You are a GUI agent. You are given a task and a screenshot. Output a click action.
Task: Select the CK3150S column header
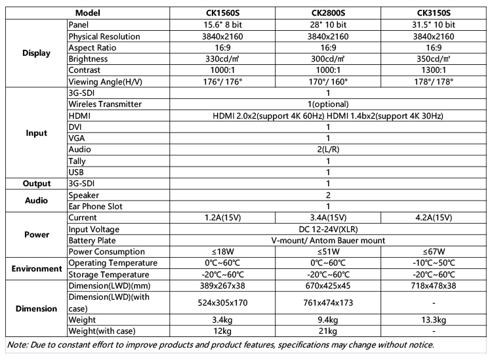point(433,13)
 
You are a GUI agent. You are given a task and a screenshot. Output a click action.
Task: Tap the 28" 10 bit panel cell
point(328,25)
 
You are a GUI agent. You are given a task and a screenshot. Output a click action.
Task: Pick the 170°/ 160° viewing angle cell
point(328,81)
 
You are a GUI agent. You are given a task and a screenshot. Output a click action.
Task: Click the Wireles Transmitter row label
point(105,104)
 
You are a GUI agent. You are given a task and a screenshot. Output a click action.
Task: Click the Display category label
point(36,53)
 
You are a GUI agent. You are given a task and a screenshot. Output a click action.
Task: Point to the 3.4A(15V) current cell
point(328,218)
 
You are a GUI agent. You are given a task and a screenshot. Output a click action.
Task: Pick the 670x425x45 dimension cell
point(328,286)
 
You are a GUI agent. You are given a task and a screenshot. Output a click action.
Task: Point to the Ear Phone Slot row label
point(96,206)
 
